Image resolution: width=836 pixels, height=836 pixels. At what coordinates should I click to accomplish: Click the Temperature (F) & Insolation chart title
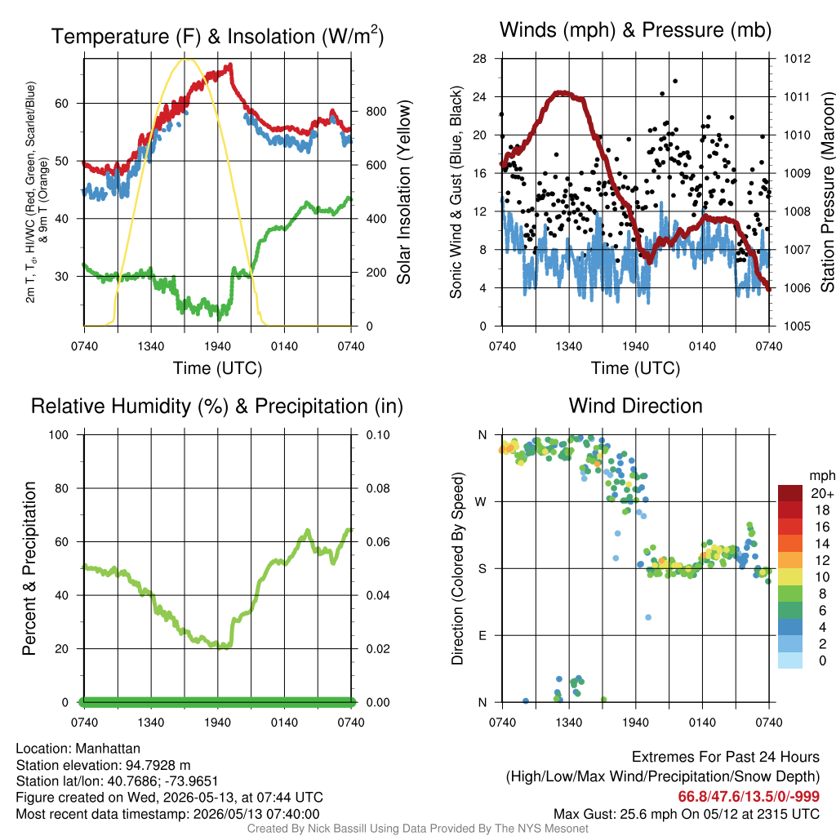(x=217, y=36)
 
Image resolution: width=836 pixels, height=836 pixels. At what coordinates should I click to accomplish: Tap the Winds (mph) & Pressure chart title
(x=635, y=30)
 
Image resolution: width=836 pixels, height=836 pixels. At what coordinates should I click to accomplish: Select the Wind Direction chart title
(x=635, y=406)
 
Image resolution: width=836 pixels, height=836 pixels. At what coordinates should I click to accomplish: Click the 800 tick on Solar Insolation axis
(x=376, y=111)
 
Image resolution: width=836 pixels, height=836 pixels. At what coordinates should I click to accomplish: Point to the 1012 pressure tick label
(x=797, y=59)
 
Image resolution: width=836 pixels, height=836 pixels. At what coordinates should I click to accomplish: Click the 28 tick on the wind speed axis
(x=479, y=59)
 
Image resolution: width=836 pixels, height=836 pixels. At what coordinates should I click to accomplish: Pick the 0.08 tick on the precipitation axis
(x=378, y=488)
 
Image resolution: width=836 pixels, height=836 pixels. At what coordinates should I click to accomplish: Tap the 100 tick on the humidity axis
(x=59, y=434)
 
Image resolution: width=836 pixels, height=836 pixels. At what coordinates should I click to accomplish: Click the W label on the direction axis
(x=481, y=502)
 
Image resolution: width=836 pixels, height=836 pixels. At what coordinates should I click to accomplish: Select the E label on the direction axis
(x=482, y=635)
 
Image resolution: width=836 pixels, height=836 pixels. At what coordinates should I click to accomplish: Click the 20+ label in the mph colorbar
(x=822, y=493)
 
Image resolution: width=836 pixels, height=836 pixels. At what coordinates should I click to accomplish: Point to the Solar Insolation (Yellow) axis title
(x=405, y=192)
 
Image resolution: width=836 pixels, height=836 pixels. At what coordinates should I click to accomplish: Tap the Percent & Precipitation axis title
(x=29, y=568)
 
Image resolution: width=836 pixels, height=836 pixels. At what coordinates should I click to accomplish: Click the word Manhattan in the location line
(x=108, y=749)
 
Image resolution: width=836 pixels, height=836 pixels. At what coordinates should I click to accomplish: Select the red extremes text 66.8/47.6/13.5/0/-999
(x=749, y=797)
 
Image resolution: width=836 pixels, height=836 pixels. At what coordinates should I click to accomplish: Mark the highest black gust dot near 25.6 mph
(x=675, y=81)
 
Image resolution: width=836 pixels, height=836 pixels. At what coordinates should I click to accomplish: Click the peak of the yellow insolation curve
(x=187, y=59)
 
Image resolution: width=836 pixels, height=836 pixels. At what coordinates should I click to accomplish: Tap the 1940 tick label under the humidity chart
(x=217, y=723)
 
